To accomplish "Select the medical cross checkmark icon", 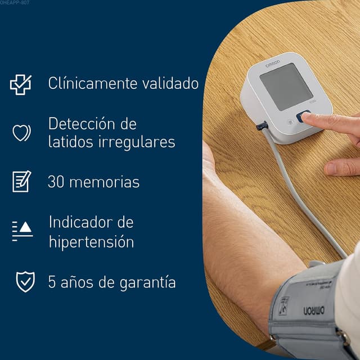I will click(21, 84).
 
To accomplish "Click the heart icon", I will click(21, 133).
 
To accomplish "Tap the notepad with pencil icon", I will click(21, 181).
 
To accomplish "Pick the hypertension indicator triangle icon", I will click(22, 229).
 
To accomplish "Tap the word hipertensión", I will click(91, 242).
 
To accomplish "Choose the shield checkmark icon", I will click(25, 282).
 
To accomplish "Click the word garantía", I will click(146, 282).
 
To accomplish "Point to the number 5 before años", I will click(52, 282).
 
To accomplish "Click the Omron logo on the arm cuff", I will click(314, 309).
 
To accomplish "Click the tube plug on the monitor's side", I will click(262, 126).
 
